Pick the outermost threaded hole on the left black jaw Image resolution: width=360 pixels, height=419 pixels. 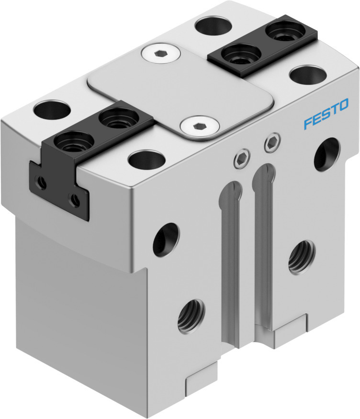[67, 142]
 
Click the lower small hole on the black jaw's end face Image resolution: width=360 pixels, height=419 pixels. [74, 200]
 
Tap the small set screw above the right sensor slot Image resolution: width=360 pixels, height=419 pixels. [272, 143]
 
